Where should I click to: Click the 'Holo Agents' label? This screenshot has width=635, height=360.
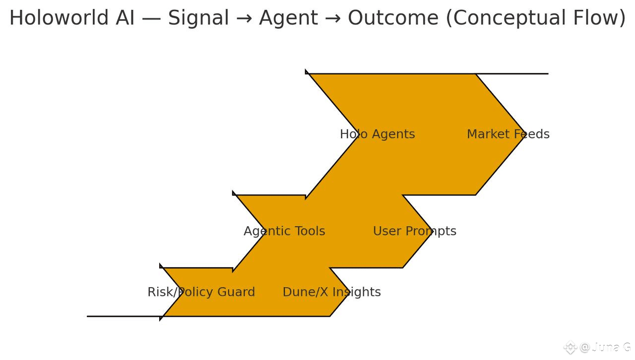(377, 134)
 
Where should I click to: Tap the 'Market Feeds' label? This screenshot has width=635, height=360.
(508, 134)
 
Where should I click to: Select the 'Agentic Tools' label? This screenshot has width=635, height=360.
(284, 231)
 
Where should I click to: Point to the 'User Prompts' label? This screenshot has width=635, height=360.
(414, 231)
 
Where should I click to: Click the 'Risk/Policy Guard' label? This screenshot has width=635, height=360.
(201, 292)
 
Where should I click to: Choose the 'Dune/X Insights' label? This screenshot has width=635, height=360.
(331, 292)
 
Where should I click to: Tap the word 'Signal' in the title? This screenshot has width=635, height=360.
(198, 18)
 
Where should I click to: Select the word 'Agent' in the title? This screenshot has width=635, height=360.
(288, 18)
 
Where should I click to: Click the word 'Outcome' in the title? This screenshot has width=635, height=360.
(393, 18)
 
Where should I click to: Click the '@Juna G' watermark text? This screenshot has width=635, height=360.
(605, 347)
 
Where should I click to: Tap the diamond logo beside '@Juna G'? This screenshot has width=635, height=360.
(571, 347)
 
